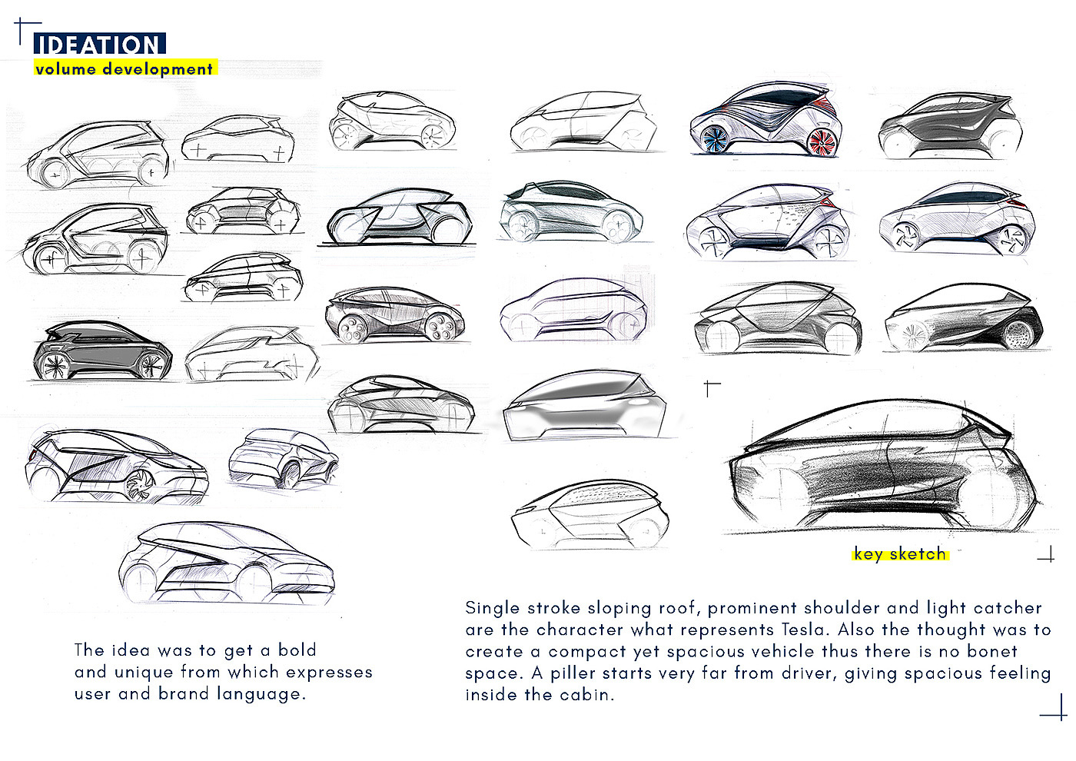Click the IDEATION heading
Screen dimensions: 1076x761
(98, 45)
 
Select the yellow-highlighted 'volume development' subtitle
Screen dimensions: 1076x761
(124, 68)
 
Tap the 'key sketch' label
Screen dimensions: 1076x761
(899, 553)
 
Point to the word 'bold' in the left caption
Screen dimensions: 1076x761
(297, 650)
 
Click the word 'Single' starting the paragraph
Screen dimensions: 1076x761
(493, 608)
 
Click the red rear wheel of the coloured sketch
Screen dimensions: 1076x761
(822, 142)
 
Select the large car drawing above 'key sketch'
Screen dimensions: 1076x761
(884, 469)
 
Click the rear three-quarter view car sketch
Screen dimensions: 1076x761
(283, 460)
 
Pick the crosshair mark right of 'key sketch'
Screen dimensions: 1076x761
(1046, 555)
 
